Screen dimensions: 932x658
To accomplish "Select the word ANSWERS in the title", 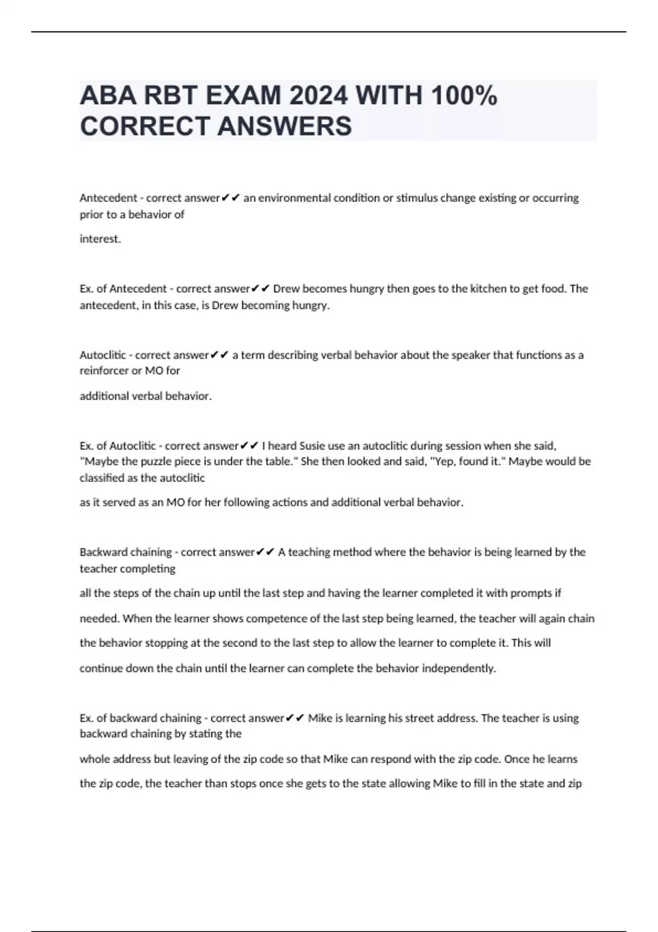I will [285, 126].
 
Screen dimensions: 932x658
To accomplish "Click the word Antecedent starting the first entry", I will [108, 198].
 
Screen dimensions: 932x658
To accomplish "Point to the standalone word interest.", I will [100, 239].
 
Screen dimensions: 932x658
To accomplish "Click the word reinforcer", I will [104, 371].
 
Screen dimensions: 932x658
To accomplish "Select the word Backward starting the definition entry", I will [101, 552].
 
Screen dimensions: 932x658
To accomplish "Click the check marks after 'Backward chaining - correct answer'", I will [265, 552].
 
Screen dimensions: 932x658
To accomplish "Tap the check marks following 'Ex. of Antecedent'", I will [260, 288].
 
